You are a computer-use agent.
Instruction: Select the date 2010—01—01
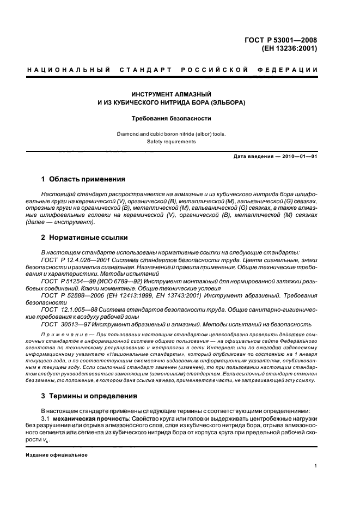coord(299,157)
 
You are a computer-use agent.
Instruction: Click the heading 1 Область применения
coord(83,179)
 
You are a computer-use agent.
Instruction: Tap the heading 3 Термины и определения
coord(89,396)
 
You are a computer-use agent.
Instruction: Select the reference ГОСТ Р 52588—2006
coord(72,295)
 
